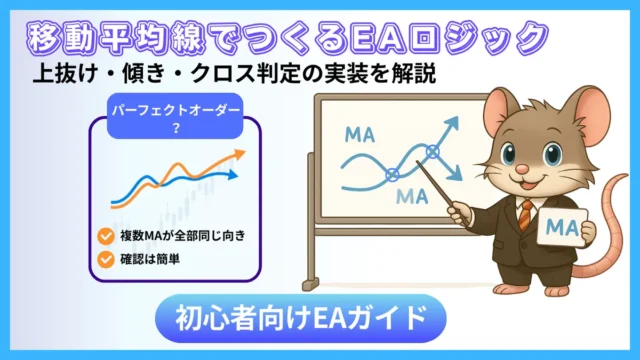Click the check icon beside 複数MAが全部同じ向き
pos(105,237)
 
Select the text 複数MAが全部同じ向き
pos(179,237)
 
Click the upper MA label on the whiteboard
pos(358,134)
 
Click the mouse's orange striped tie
pos(525,215)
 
